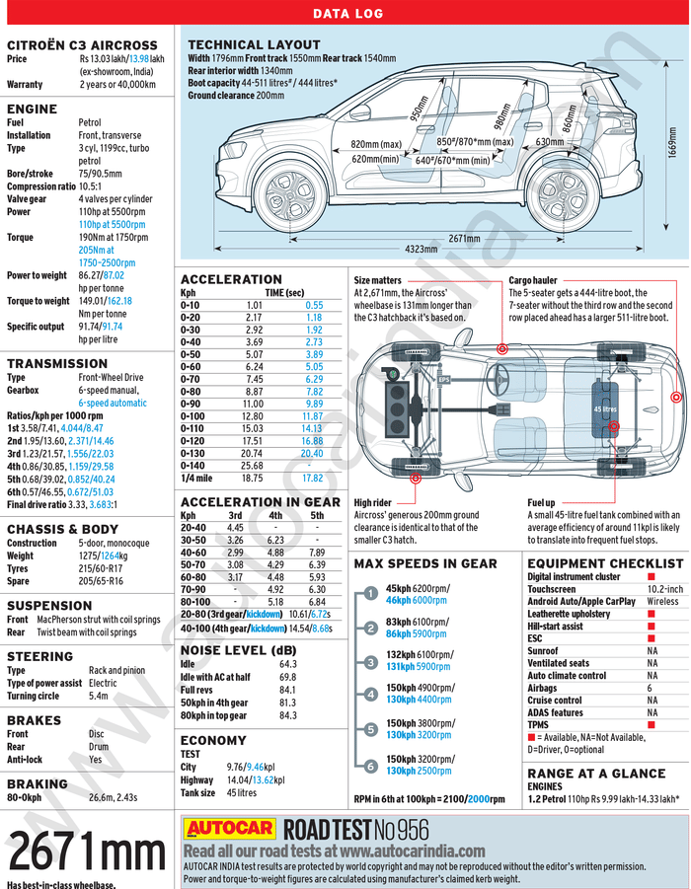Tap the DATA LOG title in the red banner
(345, 14)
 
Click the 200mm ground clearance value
(269, 96)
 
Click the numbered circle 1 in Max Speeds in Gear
(369, 593)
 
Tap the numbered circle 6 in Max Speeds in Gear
(369, 765)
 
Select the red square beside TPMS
(651, 724)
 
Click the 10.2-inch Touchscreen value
(663, 589)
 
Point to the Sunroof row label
(543, 651)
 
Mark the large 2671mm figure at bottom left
(87, 850)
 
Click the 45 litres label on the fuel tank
(604, 408)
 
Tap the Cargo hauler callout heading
(532, 280)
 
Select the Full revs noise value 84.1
(287, 690)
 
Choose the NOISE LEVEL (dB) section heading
(238, 650)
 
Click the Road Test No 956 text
(356, 829)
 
